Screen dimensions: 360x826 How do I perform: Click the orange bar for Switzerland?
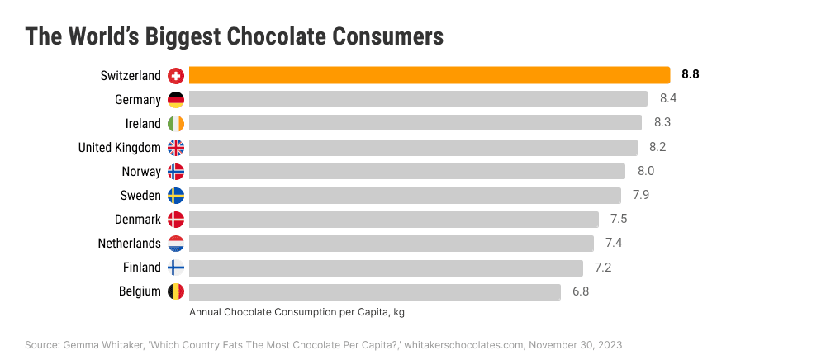[x=430, y=75]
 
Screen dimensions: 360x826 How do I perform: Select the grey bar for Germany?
[x=418, y=99]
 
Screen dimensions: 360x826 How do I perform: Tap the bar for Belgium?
[x=375, y=291]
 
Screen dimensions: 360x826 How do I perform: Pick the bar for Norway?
[x=407, y=172]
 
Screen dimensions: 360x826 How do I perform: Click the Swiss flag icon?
[x=175, y=76]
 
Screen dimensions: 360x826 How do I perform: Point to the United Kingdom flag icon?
[x=175, y=148]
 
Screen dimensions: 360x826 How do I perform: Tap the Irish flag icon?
[x=175, y=124]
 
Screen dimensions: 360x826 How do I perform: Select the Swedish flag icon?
[x=175, y=196]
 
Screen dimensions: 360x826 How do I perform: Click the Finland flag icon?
[x=175, y=268]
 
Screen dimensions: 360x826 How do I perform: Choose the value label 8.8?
[x=691, y=75]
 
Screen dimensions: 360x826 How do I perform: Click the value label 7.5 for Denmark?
[x=619, y=220]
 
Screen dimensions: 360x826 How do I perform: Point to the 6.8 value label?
[x=581, y=291]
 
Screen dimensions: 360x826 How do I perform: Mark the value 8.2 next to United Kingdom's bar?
[x=657, y=148]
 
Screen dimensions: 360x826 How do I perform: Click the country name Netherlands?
[x=129, y=244]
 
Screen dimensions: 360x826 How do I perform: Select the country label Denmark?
[x=138, y=220]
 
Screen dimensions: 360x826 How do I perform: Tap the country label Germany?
[x=138, y=100]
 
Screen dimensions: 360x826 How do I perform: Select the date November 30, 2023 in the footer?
[x=575, y=344]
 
